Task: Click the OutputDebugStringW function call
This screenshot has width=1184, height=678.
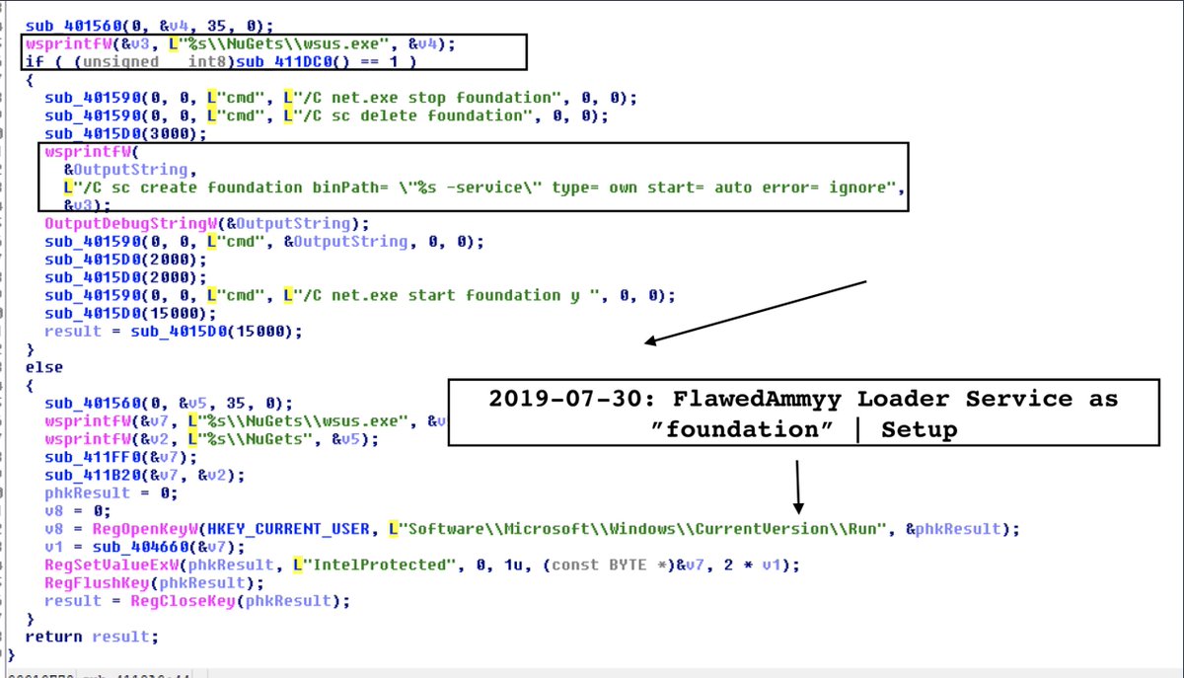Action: click(119, 224)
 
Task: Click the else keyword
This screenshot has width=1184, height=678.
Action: click(43, 367)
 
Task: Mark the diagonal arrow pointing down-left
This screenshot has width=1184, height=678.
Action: click(754, 312)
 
